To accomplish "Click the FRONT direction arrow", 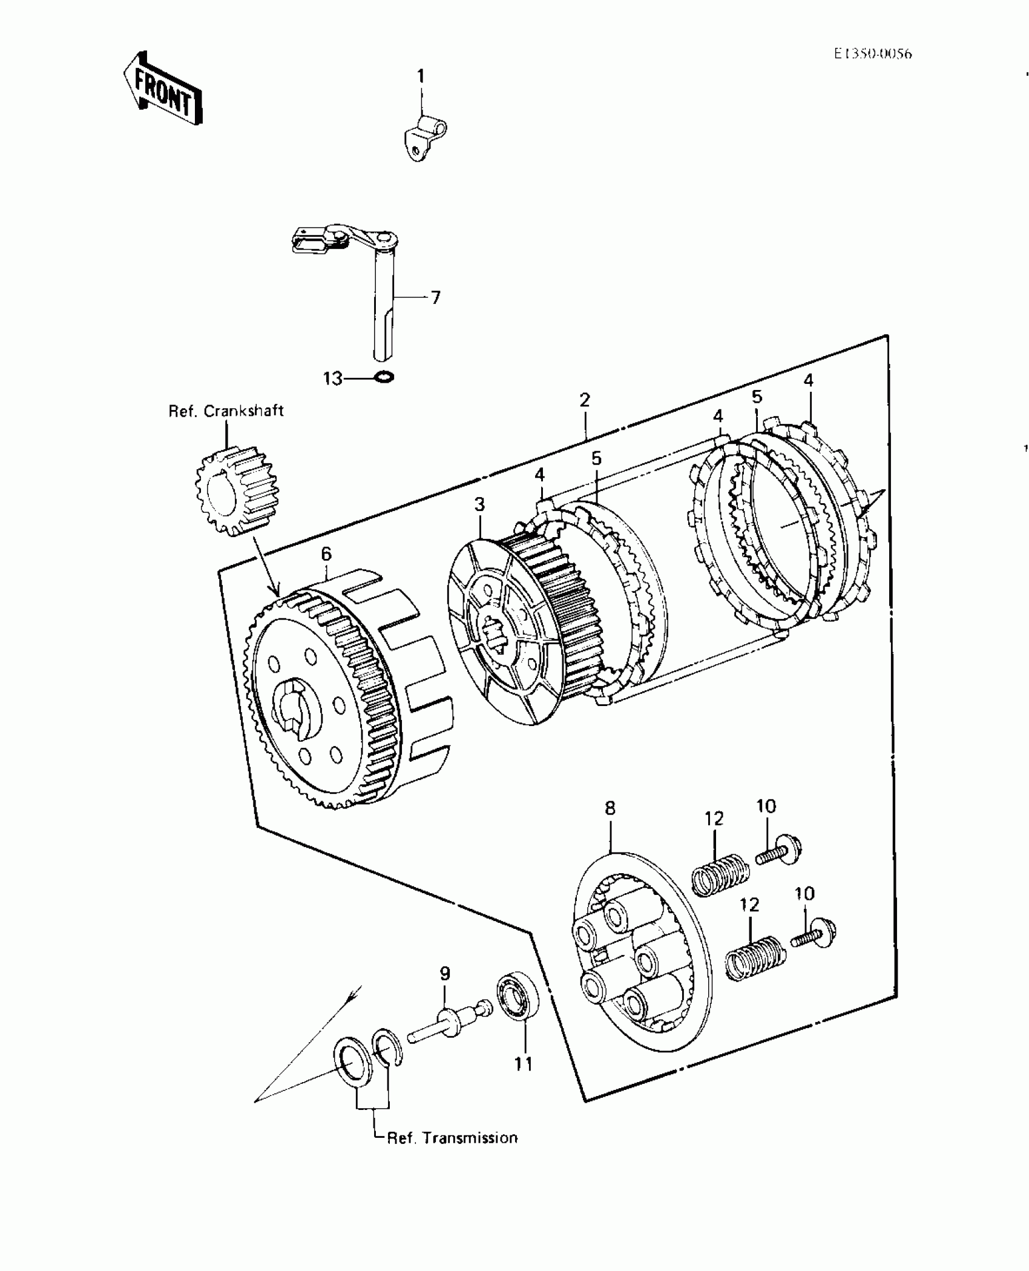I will tap(162, 89).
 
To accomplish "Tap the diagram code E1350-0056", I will tap(872, 54).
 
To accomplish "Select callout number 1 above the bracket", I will tap(421, 76).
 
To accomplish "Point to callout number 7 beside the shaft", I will tap(435, 297).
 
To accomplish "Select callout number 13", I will tap(333, 378).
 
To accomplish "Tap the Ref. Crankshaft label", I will tap(226, 411).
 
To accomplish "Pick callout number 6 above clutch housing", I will tap(326, 553).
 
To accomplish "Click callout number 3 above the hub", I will tap(479, 504).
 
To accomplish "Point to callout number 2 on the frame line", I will tap(584, 400).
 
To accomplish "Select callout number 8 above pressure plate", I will tap(610, 808).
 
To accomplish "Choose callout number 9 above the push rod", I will tap(445, 974).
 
